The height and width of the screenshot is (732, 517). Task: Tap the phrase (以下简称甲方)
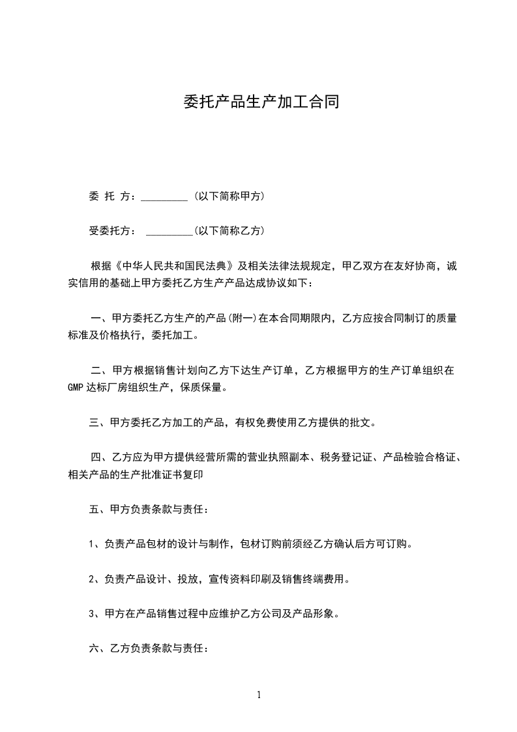coord(229,196)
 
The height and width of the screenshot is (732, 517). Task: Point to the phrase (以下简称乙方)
coord(229,230)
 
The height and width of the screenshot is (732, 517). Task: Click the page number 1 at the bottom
coord(259,695)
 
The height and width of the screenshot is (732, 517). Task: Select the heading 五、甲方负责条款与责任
coord(149,510)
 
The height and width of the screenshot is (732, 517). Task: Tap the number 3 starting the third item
coord(91,615)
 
